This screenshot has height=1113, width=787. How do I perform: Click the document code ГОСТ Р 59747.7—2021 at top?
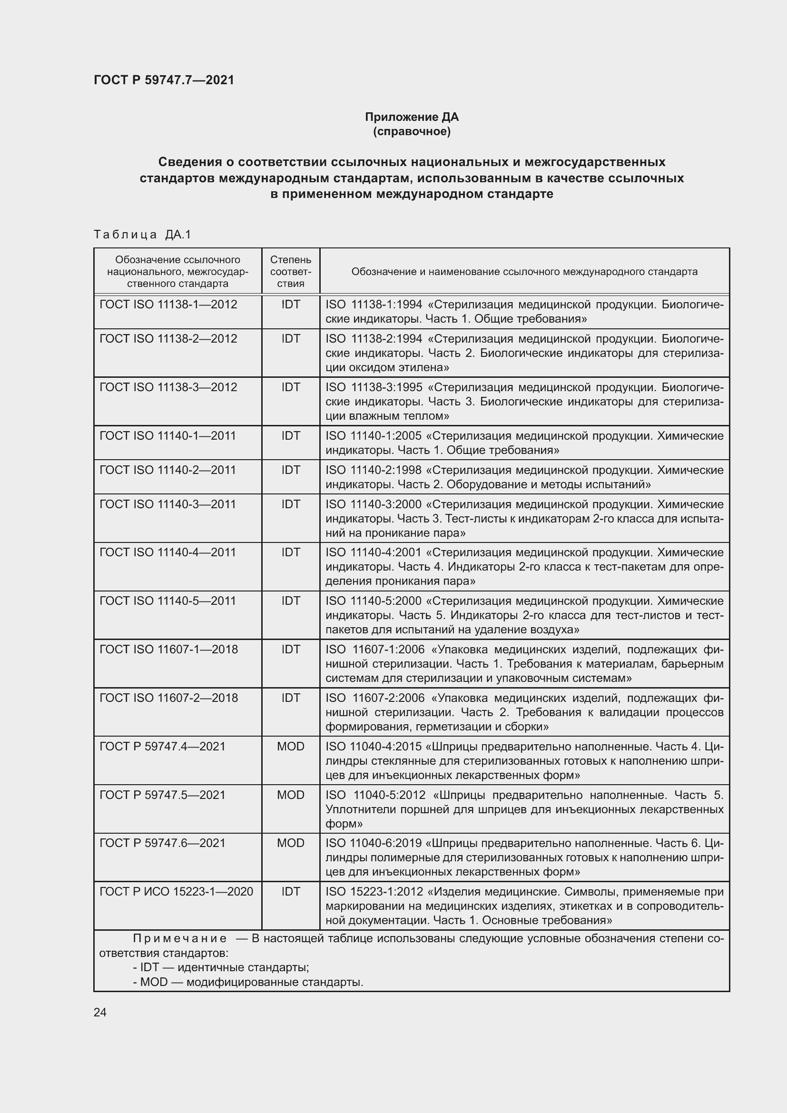coord(164,80)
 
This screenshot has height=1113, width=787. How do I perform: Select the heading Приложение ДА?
coord(412,117)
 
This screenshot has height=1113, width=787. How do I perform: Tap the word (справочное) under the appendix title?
coord(412,131)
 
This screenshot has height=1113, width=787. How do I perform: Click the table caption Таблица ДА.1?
coord(142,235)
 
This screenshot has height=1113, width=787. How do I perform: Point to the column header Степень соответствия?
coord(290,271)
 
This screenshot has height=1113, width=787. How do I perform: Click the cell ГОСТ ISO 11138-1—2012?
coord(168,305)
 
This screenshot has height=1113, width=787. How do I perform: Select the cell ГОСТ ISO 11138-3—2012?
coord(168,387)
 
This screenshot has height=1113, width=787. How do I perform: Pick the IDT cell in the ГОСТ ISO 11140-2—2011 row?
coord(290,470)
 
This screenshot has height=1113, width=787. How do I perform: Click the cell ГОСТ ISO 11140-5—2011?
coord(167,601)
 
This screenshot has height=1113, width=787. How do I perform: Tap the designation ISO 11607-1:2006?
coord(375,649)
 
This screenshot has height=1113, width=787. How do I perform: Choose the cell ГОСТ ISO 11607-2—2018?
coord(168,698)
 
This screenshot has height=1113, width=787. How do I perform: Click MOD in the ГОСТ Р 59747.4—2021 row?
coord(290,746)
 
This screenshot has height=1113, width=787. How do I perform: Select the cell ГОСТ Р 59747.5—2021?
coord(162,795)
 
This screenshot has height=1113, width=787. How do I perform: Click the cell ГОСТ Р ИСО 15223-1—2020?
coord(176,891)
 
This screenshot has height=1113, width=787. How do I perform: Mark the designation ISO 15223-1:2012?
coord(374,891)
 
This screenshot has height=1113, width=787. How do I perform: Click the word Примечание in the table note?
coord(179,938)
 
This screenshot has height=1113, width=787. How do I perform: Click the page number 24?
coord(100,1012)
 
